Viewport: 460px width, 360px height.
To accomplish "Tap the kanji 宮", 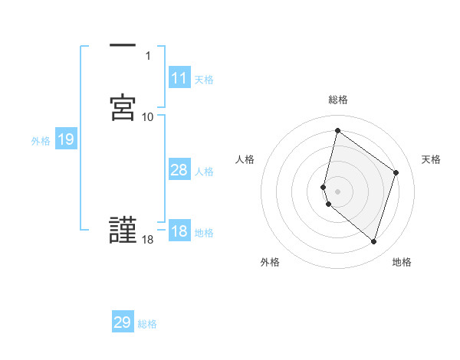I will point(123,106).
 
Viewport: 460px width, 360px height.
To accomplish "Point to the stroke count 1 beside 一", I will point(148,55).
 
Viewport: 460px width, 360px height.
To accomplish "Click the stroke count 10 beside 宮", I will point(148,116).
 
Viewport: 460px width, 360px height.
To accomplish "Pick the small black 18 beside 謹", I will point(148,241).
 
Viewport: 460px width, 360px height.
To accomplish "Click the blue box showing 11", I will point(179,78).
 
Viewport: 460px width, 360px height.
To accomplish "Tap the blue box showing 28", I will point(179,170).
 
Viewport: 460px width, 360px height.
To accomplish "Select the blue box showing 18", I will point(179,232).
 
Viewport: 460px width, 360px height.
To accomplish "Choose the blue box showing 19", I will point(66,139).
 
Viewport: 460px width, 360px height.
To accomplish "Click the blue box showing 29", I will point(123,322).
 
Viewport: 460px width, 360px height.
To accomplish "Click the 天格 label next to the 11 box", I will point(204,80).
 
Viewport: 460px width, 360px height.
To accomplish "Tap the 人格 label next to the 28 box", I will point(204,172).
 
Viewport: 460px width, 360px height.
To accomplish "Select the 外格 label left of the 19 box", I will point(40,141).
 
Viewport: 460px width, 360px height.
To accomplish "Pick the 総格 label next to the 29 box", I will point(147,324).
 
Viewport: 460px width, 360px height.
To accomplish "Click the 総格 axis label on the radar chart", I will point(338,100).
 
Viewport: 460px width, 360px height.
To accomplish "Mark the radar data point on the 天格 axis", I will point(396,172).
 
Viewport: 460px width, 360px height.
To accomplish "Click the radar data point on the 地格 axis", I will point(373,242).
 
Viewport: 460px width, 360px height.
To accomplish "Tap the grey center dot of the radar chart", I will point(338,191).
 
